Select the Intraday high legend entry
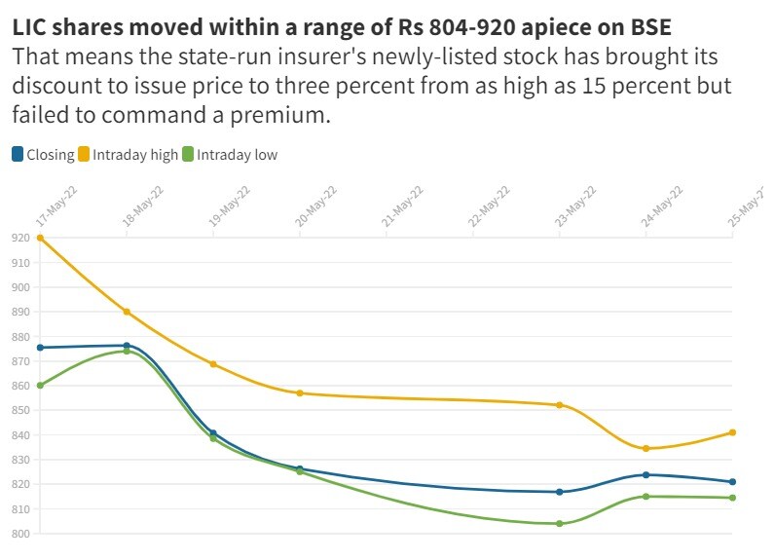(135, 154)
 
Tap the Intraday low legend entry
(237, 154)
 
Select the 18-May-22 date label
(142, 205)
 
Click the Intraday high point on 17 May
(40, 238)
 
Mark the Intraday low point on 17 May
(40, 386)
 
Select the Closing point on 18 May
(127, 346)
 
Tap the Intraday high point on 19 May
(213, 364)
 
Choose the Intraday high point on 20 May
(300, 393)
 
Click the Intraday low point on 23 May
(560, 524)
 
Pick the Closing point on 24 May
(646, 475)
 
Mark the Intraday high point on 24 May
(646, 448)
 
